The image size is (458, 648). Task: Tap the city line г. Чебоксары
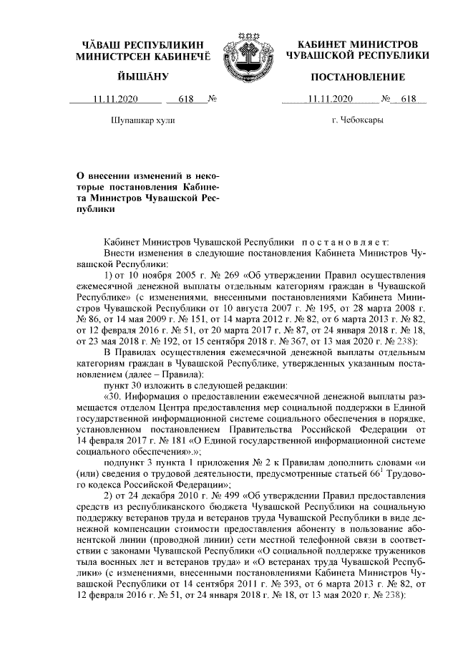(358, 120)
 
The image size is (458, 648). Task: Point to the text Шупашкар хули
(143, 120)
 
